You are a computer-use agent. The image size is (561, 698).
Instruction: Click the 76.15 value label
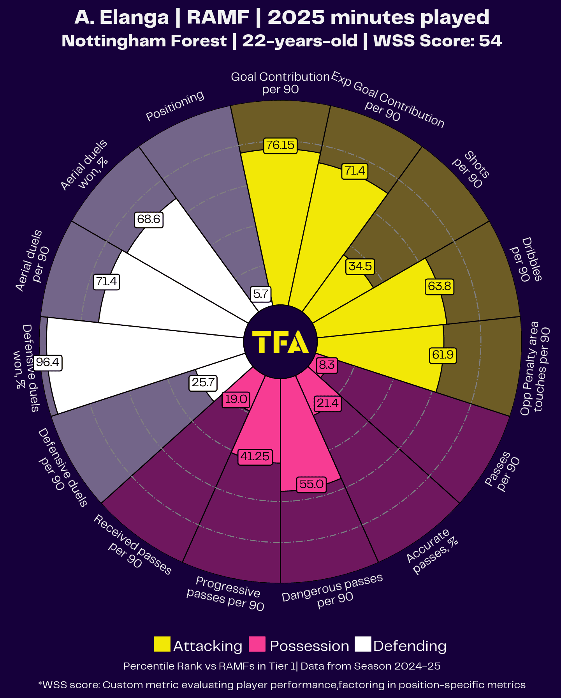click(x=280, y=145)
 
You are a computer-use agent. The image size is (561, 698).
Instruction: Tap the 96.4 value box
click(x=47, y=362)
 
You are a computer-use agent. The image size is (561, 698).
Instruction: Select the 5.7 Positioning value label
click(x=260, y=293)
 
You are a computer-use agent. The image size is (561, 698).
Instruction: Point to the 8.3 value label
click(x=327, y=365)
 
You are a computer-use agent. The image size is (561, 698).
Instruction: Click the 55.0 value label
click(x=311, y=484)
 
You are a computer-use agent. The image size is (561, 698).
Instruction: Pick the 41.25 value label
click(x=255, y=456)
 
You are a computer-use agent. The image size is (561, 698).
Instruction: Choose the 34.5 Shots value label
click(x=360, y=266)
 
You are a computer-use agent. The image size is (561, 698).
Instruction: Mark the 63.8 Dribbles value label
click(x=439, y=286)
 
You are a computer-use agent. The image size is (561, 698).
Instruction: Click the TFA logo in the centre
click(x=280, y=342)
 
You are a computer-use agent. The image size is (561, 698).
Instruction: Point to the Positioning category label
click(x=175, y=106)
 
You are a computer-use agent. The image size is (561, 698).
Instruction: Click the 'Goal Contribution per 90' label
click(x=280, y=83)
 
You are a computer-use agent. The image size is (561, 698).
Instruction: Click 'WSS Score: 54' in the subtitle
click(x=437, y=41)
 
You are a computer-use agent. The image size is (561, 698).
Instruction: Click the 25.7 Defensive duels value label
click(x=203, y=382)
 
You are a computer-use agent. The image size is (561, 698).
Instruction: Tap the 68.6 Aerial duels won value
click(x=148, y=219)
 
